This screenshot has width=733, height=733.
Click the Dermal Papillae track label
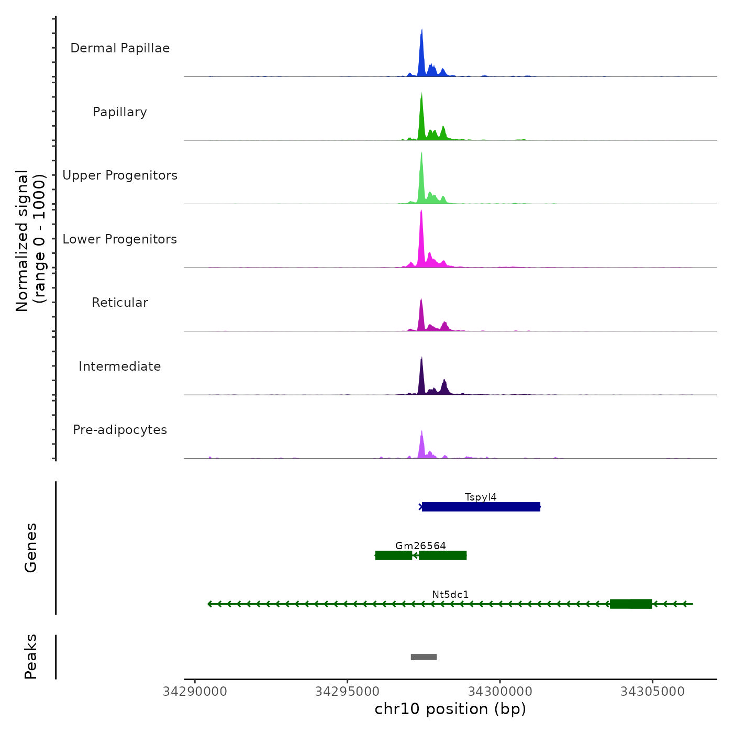pyautogui.click(x=120, y=48)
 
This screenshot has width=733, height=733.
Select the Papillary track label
pyautogui.click(x=120, y=112)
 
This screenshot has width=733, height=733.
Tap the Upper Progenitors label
pyautogui.click(x=120, y=175)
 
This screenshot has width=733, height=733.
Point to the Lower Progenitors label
pyautogui.click(x=120, y=239)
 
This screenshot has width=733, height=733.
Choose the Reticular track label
pyautogui.click(x=120, y=303)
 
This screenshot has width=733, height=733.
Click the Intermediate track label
pyautogui.click(x=120, y=366)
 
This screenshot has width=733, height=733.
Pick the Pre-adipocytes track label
pyautogui.click(x=120, y=430)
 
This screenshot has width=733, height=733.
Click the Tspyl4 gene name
pyautogui.click(x=481, y=497)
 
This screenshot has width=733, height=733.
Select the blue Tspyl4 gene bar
pyautogui.click(x=481, y=507)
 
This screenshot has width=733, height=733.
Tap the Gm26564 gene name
pyautogui.click(x=420, y=546)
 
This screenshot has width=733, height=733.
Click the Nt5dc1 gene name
pyautogui.click(x=450, y=594)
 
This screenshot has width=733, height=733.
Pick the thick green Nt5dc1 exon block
pyautogui.click(x=631, y=604)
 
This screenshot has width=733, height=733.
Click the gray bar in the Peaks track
pyautogui.click(x=424, y=657)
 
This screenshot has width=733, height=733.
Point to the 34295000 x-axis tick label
pyautogui.click(x=347, y=692)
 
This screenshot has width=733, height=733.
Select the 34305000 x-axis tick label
pyautogui.click(x=652, y=692)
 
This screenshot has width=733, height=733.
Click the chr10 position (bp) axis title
pyautogui.click(x=450, y=709)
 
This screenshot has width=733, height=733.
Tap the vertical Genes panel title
pyautogui.click(x=31, y=548)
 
